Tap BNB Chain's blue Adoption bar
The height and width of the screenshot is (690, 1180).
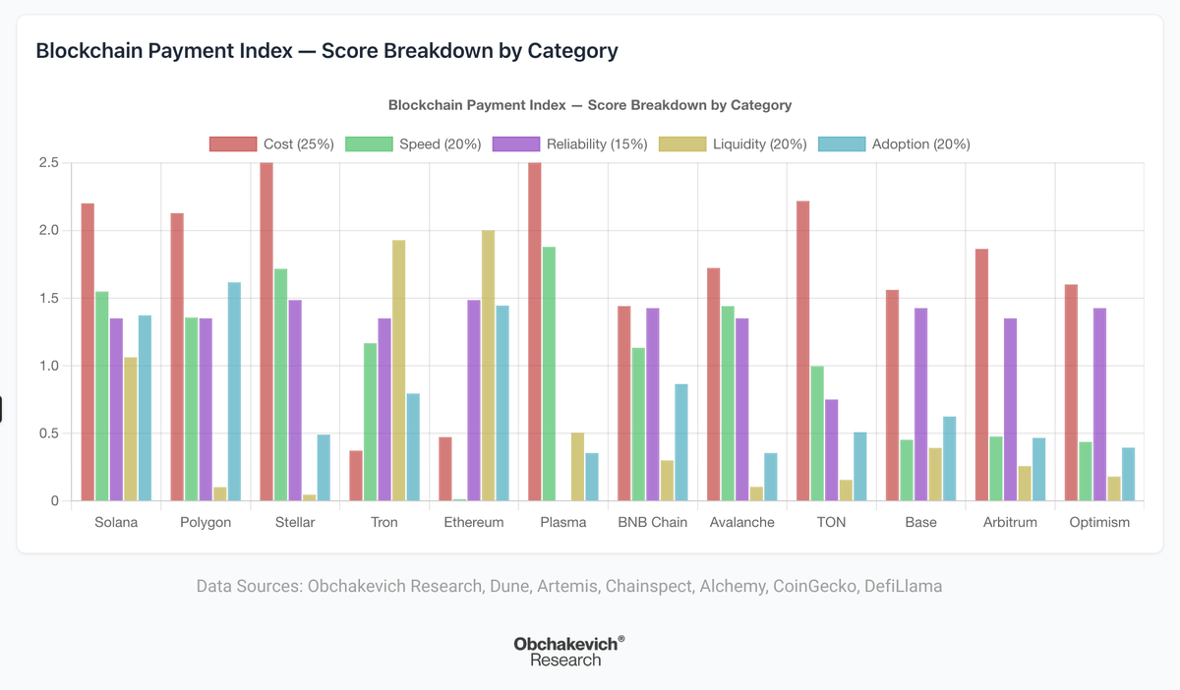pyautogui.click(x=681, y=442)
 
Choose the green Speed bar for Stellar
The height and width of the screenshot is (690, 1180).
pyautogui.click(x=280, y=384)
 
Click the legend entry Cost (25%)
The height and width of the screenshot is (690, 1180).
pyautogui.click(x=272, y=144)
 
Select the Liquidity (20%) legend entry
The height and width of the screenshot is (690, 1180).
pyautogui.click(x=733, y=144)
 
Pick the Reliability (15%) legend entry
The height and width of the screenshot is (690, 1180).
pyautogui.click(x=570, y=144)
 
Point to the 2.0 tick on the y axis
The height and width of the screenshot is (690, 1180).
pyautogui.click(x=48, y=230)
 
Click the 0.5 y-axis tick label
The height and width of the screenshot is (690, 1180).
pyautogui.click(x=48, y=433)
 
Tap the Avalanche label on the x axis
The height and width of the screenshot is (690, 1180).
pyautogui.click(x=742, y=522)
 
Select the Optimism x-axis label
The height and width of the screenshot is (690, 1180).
pyautogui.click(x=1099, y=522)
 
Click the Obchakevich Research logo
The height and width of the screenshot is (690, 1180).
pyautogui.click(x=568, y=651)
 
